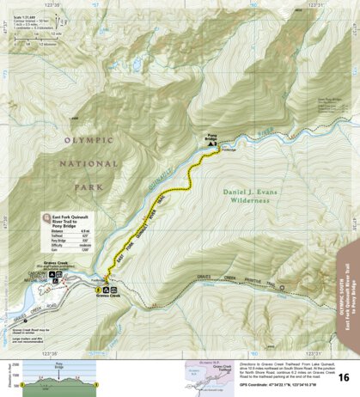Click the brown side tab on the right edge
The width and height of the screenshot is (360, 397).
pyautogui.click(x=350, y=284)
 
